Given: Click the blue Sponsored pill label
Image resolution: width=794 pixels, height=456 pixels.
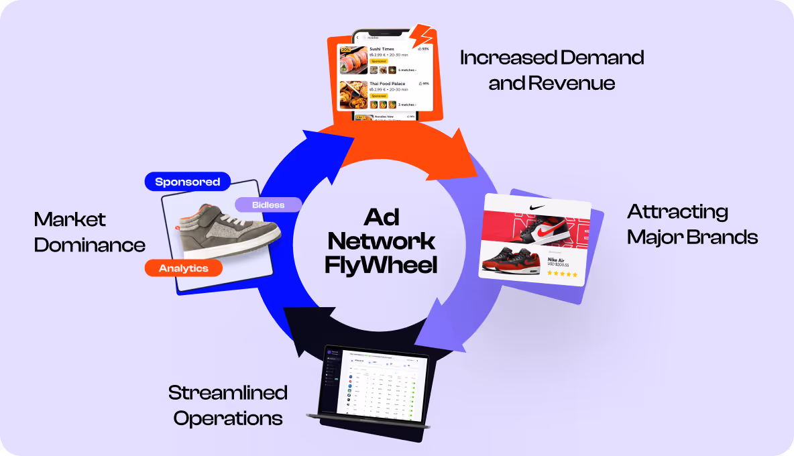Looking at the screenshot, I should click(188, 182).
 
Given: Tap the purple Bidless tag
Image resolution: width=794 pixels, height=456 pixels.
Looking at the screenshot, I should click(268, 205).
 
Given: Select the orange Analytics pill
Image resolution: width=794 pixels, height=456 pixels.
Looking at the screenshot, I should click(183, 268).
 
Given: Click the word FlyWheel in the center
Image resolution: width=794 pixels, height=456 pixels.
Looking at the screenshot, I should click(380, 264).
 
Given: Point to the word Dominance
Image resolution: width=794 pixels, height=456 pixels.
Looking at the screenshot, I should click(89, 245).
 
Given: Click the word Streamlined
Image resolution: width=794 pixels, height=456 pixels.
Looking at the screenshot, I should click(227, 392).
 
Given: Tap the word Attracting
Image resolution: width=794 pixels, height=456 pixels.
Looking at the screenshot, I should click(677, 212).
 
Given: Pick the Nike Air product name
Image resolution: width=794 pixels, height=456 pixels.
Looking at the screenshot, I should click(560, 260).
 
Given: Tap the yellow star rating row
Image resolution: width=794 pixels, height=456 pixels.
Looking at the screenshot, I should click(563, 274).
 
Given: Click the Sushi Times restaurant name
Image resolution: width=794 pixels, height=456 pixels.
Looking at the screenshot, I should click(382, 49).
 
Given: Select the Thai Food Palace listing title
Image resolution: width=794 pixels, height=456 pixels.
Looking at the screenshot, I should click(387, 84).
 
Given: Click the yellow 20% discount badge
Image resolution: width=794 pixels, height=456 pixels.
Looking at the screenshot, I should click(346, 49).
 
